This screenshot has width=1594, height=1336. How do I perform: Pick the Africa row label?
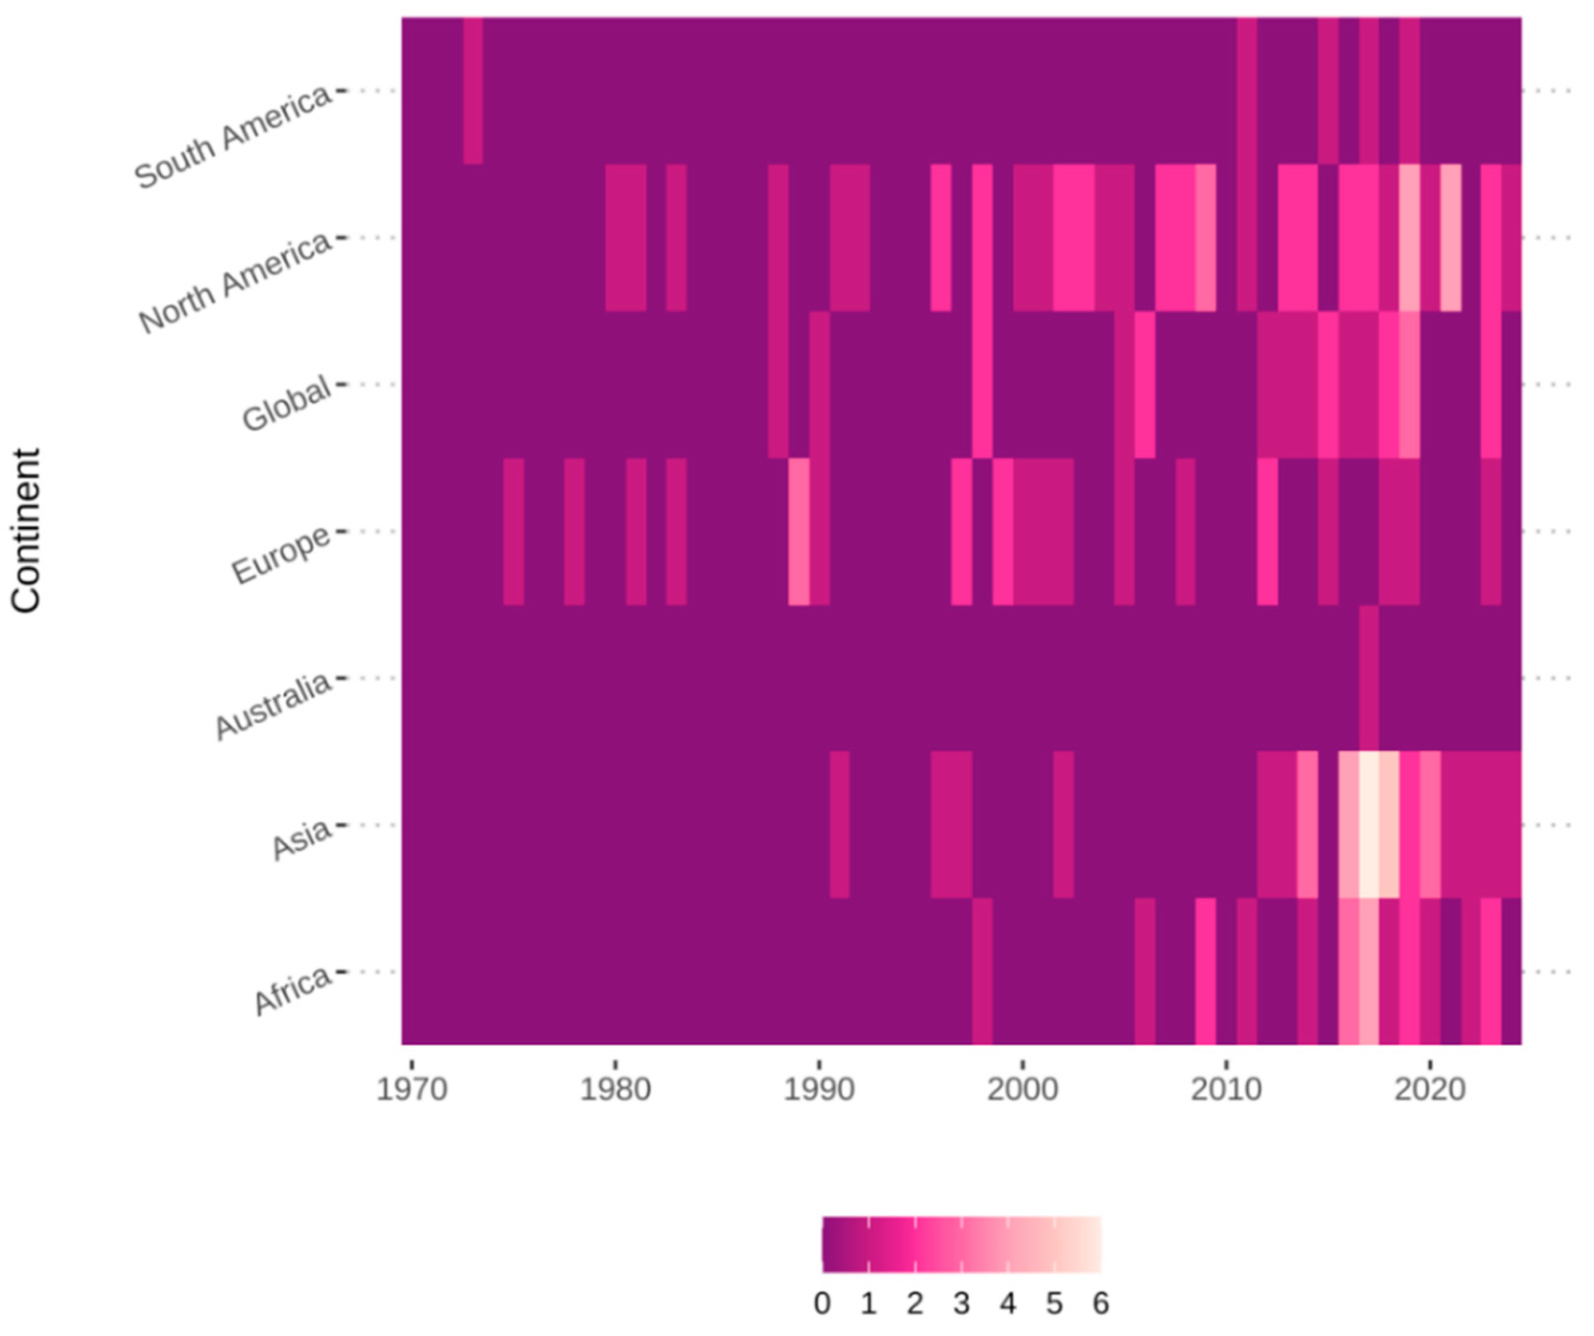[292, 990]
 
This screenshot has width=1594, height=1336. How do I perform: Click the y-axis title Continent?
[26, 530]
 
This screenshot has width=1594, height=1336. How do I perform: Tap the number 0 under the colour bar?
[822, 1303]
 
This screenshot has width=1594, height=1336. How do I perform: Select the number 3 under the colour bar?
[961, 1303]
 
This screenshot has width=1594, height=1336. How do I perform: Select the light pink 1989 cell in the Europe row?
[799, 532]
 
